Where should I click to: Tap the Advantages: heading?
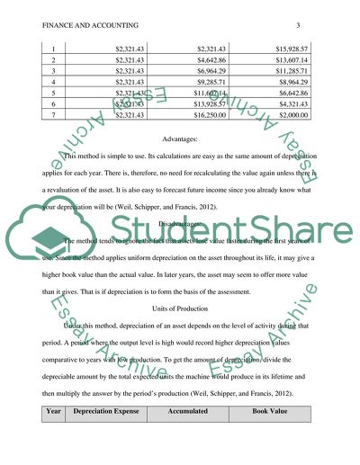(180, 141)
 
